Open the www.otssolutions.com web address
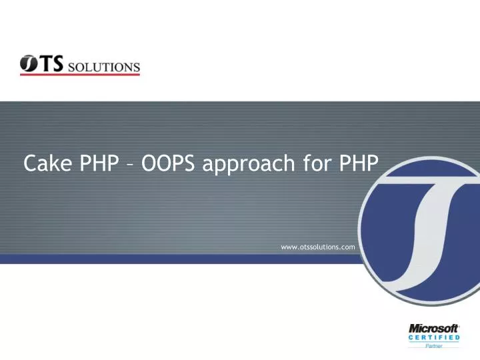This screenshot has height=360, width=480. click(x=318, y=247)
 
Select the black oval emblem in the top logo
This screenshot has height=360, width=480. click(x=29, y=64)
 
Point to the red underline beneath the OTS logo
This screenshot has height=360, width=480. click(x=80, y=75)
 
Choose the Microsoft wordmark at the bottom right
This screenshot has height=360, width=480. click(x=433, y=329)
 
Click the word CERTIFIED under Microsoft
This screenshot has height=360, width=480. click(x=433, y=338)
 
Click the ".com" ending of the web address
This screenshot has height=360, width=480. click(x=347, y=247)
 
